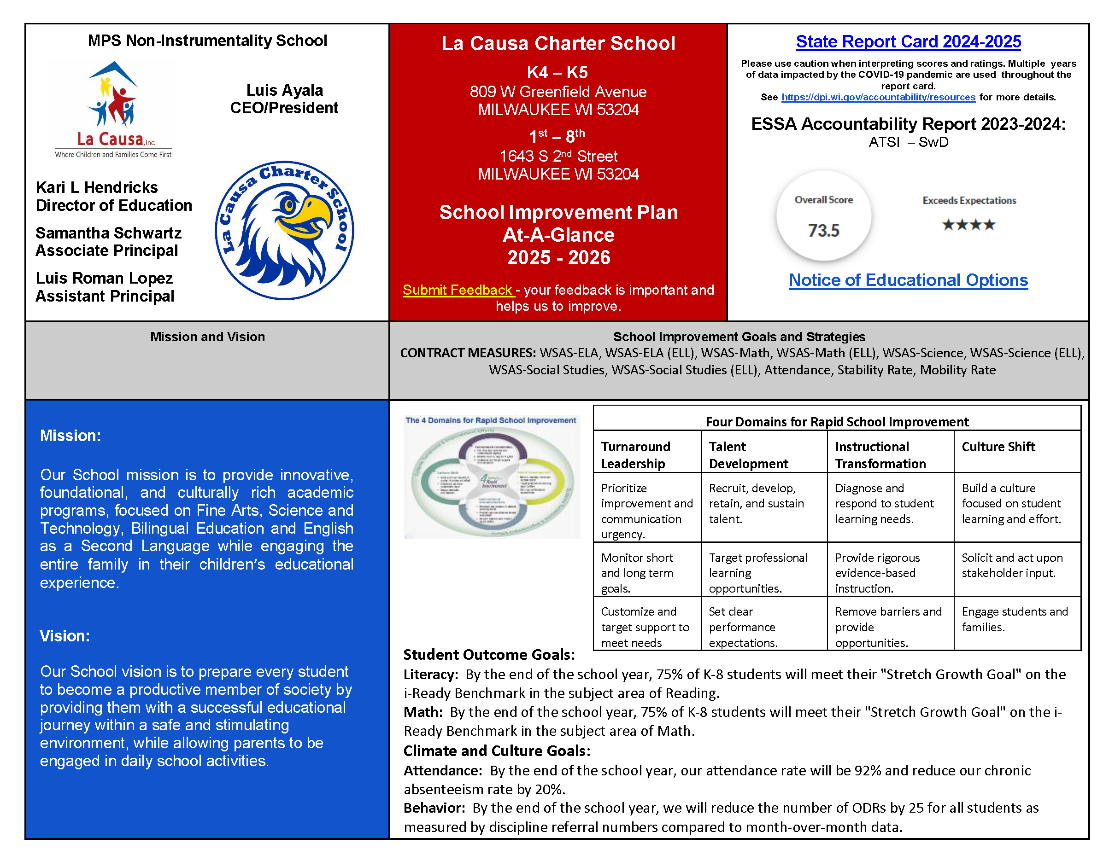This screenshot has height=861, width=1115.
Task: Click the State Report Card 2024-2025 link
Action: (908, 42)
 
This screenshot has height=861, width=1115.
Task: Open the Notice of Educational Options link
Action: (908, 280)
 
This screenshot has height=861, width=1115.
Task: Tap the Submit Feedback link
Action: (458, 290)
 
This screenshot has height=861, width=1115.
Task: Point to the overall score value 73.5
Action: (823, 231)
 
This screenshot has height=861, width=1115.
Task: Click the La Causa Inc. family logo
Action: (113, 110)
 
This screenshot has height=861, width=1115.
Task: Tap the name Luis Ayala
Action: (284, 90)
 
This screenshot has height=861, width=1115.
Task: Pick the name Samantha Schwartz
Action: (108, 233)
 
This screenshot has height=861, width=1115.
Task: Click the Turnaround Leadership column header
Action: (636, 454)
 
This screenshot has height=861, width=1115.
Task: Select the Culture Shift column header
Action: (998, 447)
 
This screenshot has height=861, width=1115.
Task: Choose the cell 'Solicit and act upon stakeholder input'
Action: (1011, 565)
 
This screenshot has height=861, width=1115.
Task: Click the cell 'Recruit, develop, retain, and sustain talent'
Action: (756, 503)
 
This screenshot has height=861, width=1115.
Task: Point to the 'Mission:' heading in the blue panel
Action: (70, 436)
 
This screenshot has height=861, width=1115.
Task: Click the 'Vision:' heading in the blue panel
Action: (65, 635)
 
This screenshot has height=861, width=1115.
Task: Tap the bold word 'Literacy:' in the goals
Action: (430, 675)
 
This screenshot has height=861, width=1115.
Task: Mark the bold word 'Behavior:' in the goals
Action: (434, 808)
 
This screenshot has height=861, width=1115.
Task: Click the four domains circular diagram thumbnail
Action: (492, 477)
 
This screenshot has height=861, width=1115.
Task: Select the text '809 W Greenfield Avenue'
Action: (557, 92)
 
